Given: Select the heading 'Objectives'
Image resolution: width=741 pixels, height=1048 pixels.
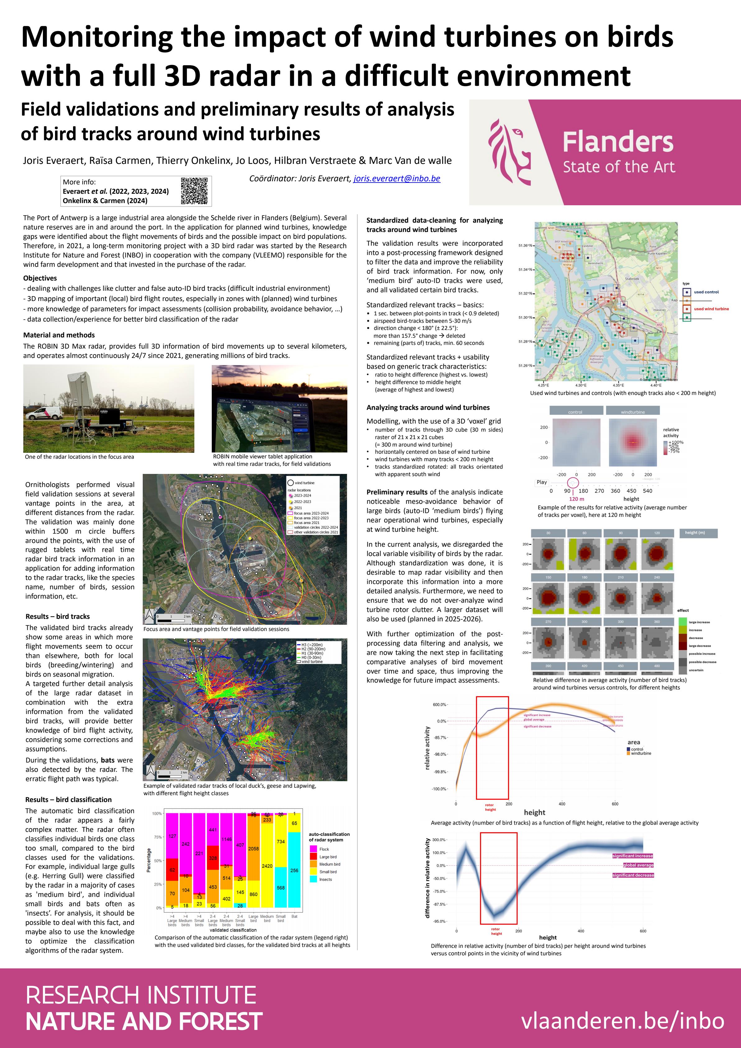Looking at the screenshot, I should [40, 278].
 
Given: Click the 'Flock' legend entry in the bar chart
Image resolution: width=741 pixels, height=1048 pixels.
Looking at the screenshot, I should [324, 849].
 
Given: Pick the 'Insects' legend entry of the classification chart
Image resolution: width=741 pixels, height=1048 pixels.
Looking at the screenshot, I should [325, 879].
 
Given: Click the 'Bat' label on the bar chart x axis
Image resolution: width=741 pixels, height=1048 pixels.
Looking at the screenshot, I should [294, 916].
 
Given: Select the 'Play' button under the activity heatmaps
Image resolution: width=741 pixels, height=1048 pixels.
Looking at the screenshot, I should [542, 482].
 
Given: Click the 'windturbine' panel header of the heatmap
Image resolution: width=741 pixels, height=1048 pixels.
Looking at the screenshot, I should [632, 412].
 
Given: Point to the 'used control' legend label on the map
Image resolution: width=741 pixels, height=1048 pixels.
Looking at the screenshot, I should [706, 292].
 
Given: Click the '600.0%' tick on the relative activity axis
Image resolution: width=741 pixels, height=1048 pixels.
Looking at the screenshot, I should [439, 705].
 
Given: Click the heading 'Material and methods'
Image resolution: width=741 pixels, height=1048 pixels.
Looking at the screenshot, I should [59, 335].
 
